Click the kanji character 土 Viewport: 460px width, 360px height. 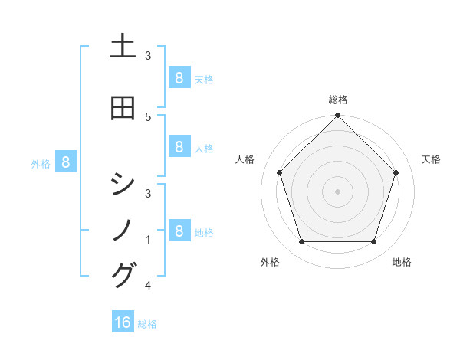point(123,47)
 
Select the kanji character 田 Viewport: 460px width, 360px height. point(123,108)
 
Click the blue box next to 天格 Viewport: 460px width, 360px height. point(179,78)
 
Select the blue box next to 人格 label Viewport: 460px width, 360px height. point(179,147)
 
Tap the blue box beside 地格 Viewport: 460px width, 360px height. point(179,231)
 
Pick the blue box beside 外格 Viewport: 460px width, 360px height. point(66,162)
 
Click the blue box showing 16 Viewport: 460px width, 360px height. point(123,322)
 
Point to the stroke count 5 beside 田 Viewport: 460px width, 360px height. point(148,116)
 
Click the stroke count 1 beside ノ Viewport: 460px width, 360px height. point(148,240)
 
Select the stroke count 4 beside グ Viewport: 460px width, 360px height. point(148,286)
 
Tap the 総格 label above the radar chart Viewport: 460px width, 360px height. point(337,100)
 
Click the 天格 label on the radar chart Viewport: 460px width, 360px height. point(432,159)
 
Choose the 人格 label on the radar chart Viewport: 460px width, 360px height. point(245,159)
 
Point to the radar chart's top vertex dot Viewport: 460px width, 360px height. point(337,116)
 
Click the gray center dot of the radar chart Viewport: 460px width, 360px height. point(337,191)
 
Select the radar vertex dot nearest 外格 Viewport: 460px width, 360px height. point(301,242)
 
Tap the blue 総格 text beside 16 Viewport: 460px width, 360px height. point(148,324)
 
